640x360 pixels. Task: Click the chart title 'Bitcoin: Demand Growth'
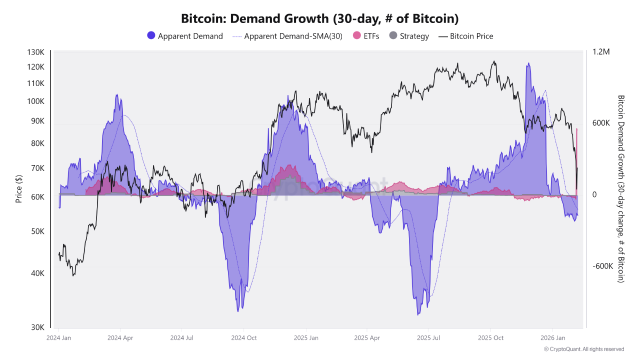319,19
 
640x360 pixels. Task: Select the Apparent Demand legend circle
151,36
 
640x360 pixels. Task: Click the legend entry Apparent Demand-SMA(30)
293,36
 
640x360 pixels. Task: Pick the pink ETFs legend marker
356,36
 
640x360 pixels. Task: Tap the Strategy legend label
414,36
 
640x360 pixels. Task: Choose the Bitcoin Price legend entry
471,36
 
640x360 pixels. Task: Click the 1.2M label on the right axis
601,52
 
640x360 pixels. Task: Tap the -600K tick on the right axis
603,266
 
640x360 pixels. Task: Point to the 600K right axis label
601,123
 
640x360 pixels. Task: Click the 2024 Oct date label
243,338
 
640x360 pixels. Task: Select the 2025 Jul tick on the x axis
428,338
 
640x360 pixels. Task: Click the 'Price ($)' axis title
19,189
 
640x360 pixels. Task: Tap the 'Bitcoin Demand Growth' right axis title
621,189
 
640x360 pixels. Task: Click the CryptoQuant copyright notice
583,349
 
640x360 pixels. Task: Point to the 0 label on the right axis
594,195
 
